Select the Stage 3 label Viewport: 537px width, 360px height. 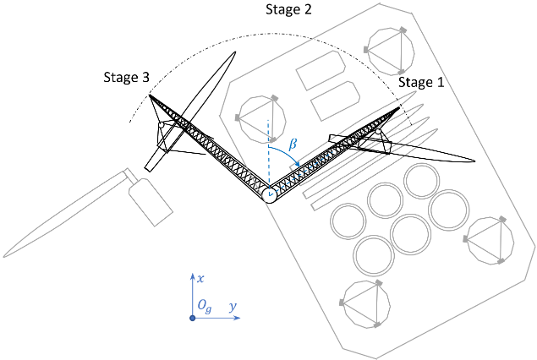point(122,77)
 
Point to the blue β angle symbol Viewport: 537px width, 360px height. point(293,145)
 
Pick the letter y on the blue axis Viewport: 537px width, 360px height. point(231,308)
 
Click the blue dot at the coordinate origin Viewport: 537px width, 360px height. point(193,317)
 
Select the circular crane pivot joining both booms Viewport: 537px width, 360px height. point(270,195)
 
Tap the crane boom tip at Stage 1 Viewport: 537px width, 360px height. point(398,107)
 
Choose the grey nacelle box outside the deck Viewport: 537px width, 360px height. point(150,202)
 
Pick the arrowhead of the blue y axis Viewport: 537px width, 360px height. point(239,317)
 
